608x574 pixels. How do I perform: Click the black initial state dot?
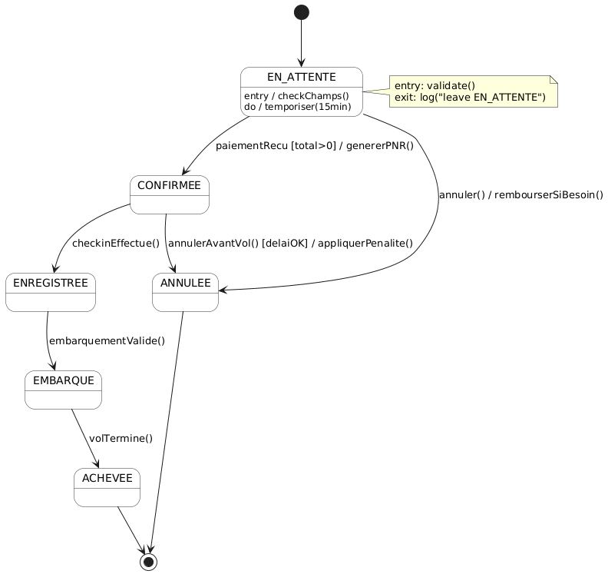pos(301,12)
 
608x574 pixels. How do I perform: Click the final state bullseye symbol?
pos(149,562)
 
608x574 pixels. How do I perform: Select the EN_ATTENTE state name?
pos(301,77)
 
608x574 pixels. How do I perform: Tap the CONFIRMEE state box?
pos(170,194)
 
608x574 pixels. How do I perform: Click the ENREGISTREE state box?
pos(51,292)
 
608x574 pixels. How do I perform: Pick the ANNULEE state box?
pos(185,292)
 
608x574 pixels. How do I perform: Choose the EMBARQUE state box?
pos(64,390)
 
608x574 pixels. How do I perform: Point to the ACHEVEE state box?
pos(107,487)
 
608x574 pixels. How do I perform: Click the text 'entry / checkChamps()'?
pos(296,96)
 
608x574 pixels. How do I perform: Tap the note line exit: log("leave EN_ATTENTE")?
pos(470,98)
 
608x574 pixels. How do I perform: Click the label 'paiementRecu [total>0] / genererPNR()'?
pos(315,146)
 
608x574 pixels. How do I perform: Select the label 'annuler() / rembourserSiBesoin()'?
pos(520,194)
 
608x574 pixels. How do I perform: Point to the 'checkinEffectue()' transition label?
pos(116,244)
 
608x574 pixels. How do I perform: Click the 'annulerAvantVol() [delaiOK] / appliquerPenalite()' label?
pos(290,244)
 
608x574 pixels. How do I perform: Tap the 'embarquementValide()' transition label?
pos(107,341)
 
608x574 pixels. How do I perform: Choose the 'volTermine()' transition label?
pos(121,439)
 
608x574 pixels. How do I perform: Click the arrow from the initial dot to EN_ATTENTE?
pos(301,42)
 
